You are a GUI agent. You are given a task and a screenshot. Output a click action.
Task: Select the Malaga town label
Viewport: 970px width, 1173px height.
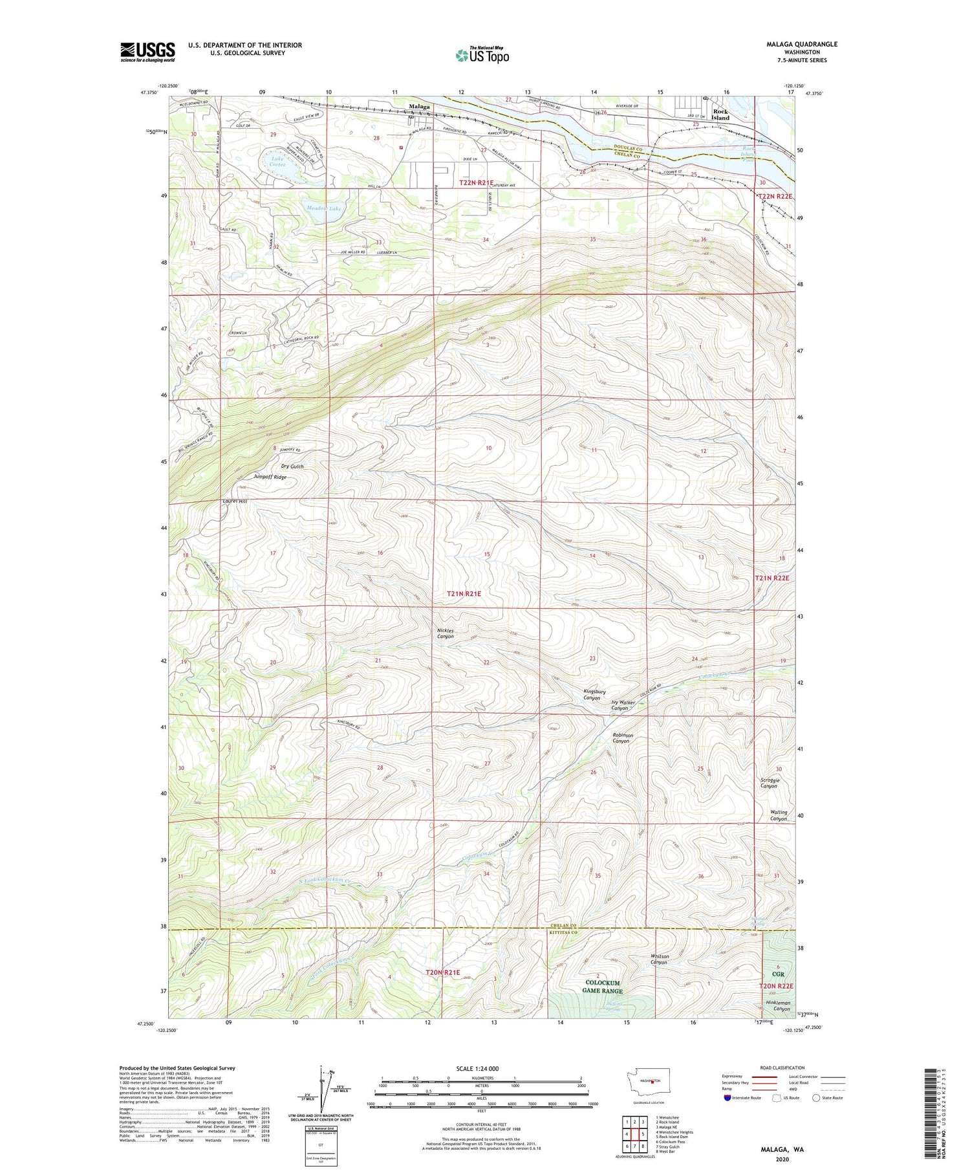click(x=418, y=107)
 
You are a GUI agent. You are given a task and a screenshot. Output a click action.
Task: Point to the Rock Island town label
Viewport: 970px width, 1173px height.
click(x=720, y=115)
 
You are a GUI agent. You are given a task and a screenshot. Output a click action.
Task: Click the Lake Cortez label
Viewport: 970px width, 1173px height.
click(x=277, y=161)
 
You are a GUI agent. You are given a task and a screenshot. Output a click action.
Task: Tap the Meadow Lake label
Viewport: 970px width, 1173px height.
click(x=323, y=209)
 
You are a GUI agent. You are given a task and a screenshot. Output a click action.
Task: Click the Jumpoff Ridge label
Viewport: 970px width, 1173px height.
click(x=270, y=477)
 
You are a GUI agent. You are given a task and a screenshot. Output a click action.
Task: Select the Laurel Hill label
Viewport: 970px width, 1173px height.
click(x=235, y=501)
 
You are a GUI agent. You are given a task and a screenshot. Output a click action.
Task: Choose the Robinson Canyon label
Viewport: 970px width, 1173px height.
click(x=623, y=738)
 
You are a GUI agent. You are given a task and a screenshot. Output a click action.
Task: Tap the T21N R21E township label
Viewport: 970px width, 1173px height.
click(x=464, y=593)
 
